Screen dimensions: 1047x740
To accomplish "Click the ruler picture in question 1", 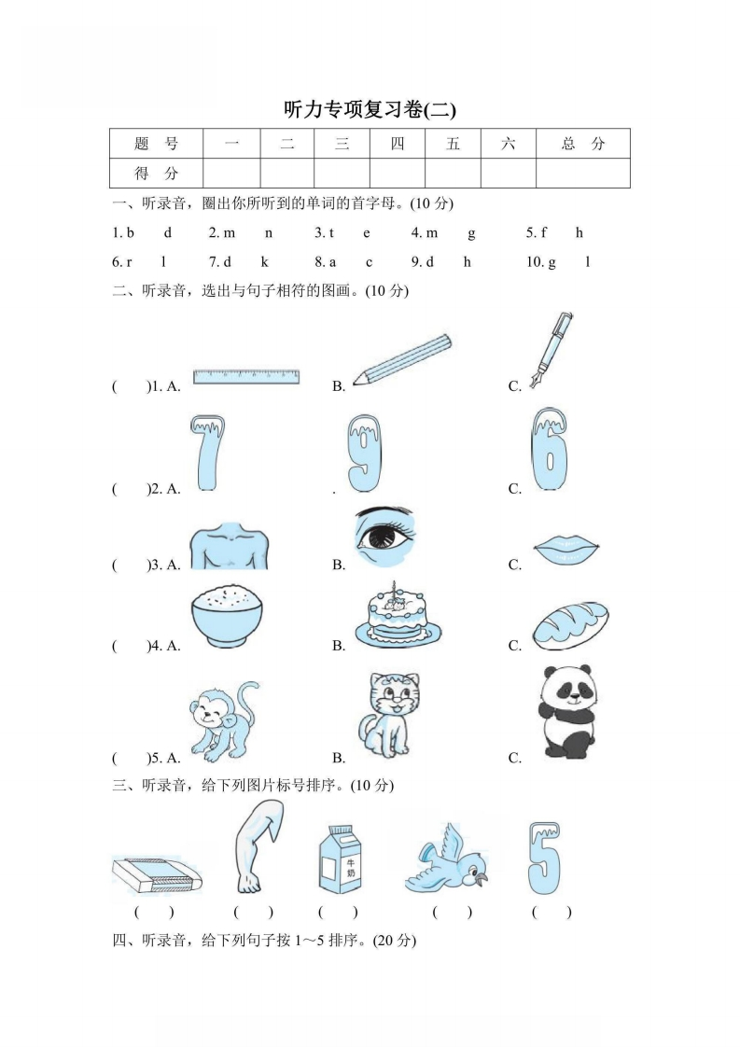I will [246, 376].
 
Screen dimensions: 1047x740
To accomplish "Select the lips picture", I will [565, 551].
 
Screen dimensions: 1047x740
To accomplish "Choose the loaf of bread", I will [571, 624].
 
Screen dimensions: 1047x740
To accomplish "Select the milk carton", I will [339, 859].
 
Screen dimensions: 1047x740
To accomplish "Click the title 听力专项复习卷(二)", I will [370, 110].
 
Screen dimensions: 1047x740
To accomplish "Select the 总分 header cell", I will [583, 144].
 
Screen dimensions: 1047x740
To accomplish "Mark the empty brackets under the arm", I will [253, 912].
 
